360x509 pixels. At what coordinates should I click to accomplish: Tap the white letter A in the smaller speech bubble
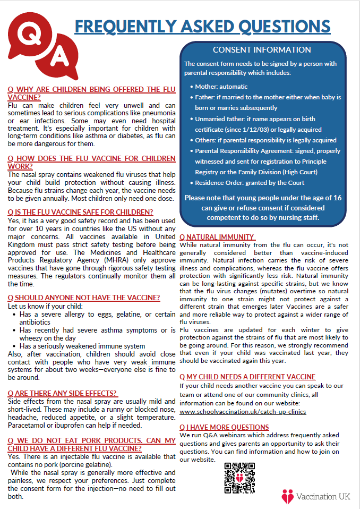60,54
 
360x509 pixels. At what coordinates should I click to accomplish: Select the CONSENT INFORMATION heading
262,50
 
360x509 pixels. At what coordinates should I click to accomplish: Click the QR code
239,478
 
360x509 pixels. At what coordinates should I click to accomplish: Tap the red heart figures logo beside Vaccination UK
287,496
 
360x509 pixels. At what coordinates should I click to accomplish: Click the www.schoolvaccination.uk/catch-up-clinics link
243,411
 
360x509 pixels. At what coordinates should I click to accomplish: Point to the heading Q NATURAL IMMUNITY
217,237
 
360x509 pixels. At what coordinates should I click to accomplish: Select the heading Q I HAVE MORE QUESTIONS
224,427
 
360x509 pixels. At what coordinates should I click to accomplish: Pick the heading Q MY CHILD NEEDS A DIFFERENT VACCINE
247,377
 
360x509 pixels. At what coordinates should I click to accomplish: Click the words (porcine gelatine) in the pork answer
76,464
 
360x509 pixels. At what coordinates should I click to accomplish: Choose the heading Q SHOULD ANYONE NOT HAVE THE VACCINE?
84,297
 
